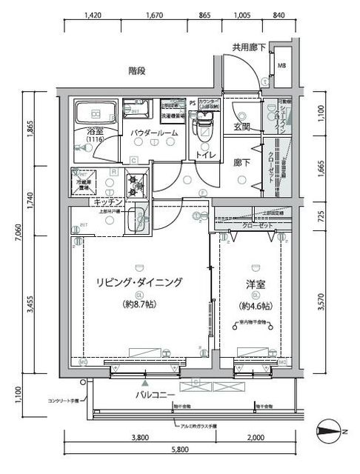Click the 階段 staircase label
click(136, 71)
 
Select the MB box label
click(282, 65)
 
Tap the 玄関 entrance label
click(242, 127)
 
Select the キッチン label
click(108, 201)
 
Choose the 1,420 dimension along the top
click(93, 14)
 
